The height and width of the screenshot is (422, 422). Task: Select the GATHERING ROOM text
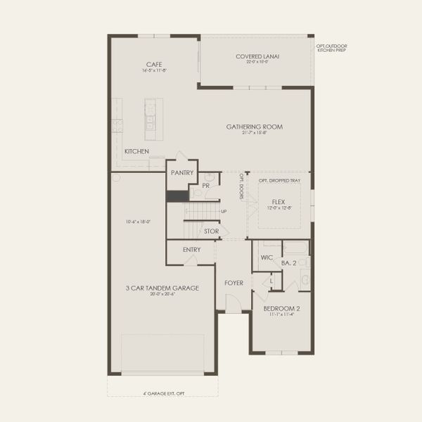254,127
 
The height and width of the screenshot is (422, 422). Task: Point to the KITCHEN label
136,151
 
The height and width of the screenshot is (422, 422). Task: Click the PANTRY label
182,172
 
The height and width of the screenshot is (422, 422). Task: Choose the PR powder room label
206,186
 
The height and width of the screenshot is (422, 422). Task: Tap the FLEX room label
279,201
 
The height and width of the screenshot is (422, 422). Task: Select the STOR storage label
211,231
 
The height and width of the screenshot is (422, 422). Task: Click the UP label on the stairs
224,211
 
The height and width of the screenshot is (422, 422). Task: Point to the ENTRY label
191,250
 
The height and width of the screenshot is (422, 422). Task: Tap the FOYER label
234,283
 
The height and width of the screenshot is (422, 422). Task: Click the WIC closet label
267,257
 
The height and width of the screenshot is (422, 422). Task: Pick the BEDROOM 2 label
282,309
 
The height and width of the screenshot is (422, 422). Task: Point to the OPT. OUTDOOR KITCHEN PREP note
331,49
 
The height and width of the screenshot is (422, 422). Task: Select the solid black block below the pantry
176,196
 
